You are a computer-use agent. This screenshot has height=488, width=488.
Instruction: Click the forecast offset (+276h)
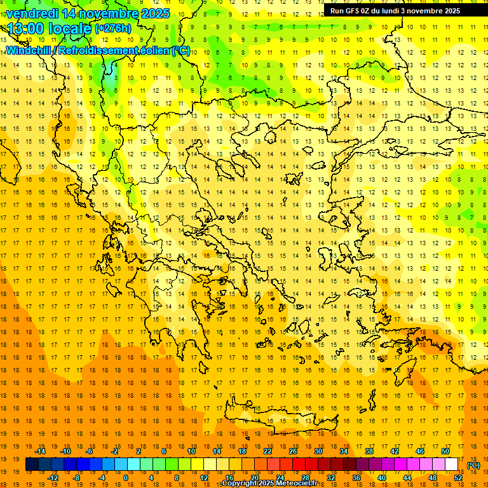113,28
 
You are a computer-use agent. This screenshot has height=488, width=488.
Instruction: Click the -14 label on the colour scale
40,451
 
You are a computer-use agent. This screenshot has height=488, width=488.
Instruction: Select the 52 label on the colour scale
458,478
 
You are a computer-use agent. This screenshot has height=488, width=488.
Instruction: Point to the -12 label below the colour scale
53,478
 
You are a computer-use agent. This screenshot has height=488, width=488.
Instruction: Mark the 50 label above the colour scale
445,451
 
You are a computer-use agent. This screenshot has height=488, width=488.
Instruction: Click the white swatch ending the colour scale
452,464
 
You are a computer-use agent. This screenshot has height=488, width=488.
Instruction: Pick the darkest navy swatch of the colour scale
32,464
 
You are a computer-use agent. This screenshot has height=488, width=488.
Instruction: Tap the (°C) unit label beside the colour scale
473,465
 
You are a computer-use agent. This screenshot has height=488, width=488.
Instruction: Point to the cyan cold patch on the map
111,81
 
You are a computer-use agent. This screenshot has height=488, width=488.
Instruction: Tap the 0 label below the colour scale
125,478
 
